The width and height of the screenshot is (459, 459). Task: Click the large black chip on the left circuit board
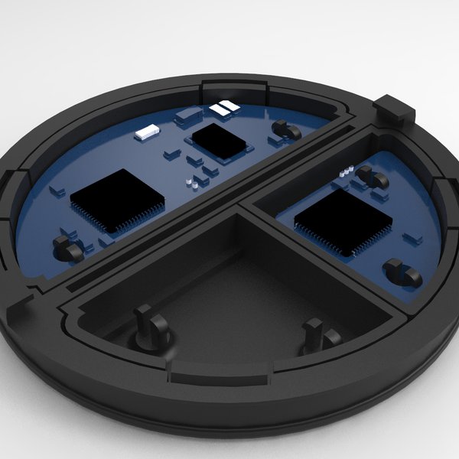117,200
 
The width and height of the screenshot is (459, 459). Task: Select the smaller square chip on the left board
220,142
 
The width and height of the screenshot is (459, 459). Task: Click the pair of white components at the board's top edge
223,109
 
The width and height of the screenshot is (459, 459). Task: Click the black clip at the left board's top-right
287,129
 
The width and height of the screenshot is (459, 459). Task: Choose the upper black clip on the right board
373,181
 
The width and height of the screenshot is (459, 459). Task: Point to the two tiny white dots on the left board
197,182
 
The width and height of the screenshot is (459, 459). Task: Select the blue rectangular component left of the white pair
188,116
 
